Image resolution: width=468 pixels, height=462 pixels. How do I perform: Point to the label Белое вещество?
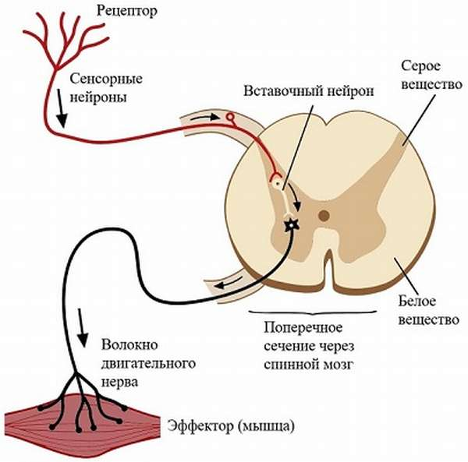[x=425, y=309]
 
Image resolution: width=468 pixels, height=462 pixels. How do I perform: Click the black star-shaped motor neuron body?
[x=292, y=226]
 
